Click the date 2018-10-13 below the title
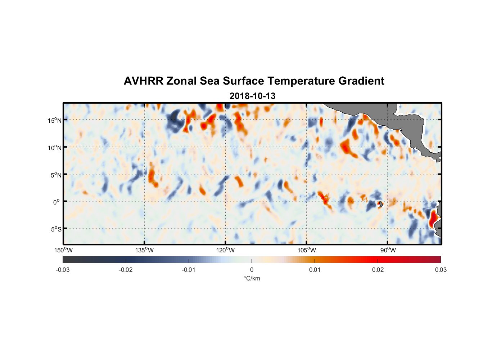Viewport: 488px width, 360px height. [252, 96]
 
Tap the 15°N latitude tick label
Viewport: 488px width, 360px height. [55, 120]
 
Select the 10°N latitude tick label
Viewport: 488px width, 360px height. [55, 148]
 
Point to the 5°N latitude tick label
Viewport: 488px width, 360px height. [56, 175]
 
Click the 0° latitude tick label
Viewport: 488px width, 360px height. [57, 202]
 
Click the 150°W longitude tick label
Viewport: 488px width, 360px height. [64, 250]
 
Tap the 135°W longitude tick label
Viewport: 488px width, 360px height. [145, 250]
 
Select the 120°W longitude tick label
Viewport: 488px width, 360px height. [226, 250]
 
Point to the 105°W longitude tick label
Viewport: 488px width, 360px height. [307, 250]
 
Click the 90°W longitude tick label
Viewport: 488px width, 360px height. [388, 250]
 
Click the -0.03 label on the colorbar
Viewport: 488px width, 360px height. [63, 270]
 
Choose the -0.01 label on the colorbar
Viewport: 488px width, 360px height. [189, 270]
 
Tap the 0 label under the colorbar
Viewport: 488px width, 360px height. [252, 270]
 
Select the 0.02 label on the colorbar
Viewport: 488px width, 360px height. [378, 270]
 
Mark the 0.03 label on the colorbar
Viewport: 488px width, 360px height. [440, 270]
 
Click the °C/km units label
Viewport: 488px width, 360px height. [252, 278]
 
